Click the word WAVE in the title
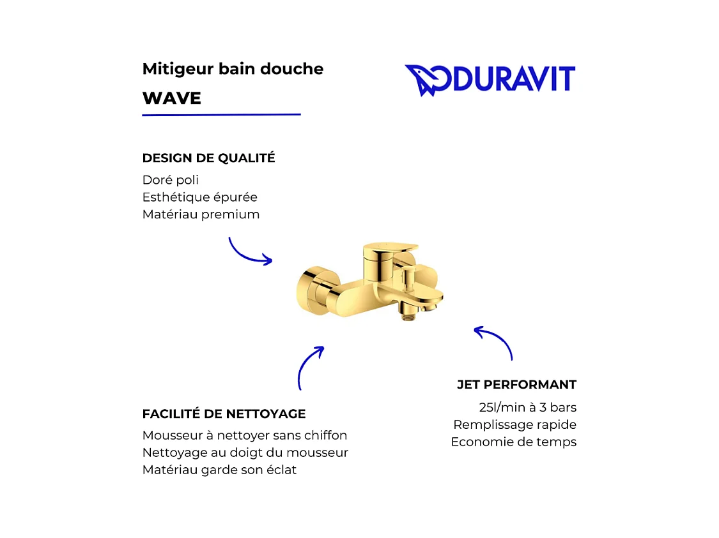point(171,98)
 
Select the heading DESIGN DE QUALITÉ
point(208,158)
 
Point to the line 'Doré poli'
point(170,180)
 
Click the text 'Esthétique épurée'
point(199,197)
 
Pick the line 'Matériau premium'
point(201,214)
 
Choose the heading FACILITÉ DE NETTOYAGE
point(224,414)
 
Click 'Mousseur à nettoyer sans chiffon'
point(245,436)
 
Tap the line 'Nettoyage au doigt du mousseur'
point(245,453)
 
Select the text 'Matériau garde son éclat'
point(219,470)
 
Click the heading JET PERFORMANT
point(516,385)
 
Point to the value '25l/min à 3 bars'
point(527,407)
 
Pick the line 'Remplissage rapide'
point(514,424)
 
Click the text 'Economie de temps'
point(513,442)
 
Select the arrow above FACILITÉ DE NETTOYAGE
point(309,368)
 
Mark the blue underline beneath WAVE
point(221,115)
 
